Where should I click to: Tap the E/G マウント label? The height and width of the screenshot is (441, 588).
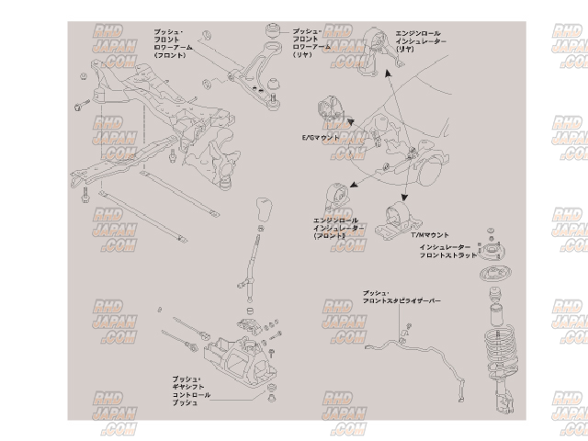coord(322,138)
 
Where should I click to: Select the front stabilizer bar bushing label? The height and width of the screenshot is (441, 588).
coord(402,295)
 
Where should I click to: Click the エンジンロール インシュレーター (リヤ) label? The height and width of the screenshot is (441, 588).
coord(420,36)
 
